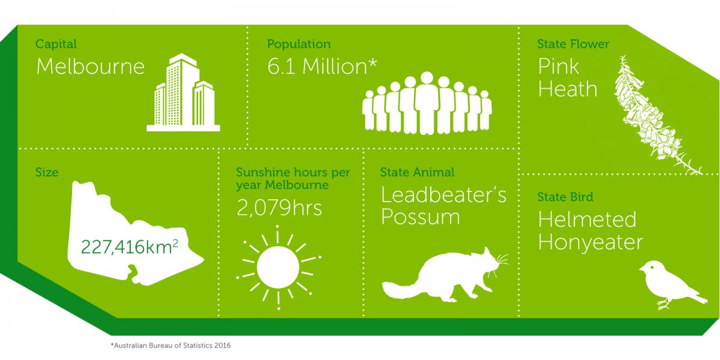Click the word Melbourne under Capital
[91, 67]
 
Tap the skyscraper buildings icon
[183, 92]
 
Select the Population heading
[299, 44]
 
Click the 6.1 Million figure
[322, 67]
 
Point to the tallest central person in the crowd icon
[427, 103]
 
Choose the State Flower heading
[573, 44]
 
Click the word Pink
[559, 67]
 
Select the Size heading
[47, 172]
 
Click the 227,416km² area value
[129, 247]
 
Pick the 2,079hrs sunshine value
[280, 208]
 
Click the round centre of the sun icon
[278, 267]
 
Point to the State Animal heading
[417, 172]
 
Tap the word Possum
[421, 217]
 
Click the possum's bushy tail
[402, 289]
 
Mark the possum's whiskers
[502, 262]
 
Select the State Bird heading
[565, 197]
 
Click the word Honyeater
[590, 243]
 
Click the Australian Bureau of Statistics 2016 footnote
[170, 346]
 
